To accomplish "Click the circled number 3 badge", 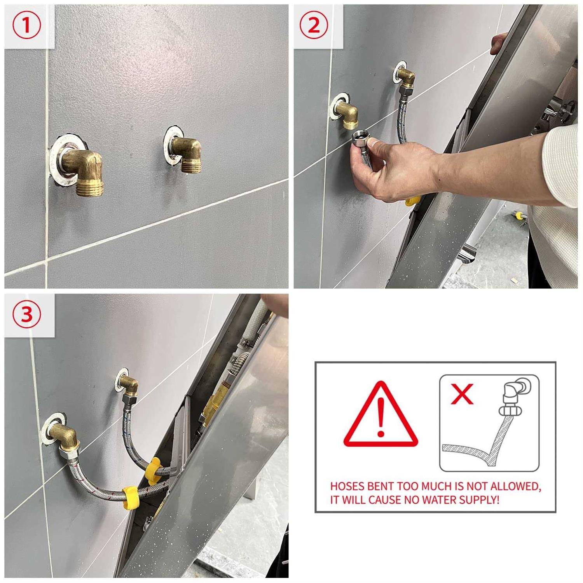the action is (26, 314).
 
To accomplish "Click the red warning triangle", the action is (381, 415).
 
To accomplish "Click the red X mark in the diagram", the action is (462, 393).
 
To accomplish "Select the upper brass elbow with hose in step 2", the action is (407, 77).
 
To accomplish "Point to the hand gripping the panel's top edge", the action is (499, 44).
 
